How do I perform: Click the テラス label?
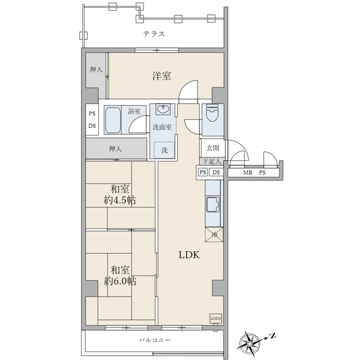(154, 34)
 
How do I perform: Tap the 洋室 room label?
(161, 76)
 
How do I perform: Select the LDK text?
(191, 254)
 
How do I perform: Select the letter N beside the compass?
(272, 335)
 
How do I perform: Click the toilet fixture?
(212, 115)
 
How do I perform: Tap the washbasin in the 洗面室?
(163, 110)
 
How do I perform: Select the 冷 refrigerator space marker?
(214, 235)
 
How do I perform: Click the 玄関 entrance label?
(213, 148)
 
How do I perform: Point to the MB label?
(247, 173)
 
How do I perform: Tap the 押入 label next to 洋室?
(96, 70)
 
